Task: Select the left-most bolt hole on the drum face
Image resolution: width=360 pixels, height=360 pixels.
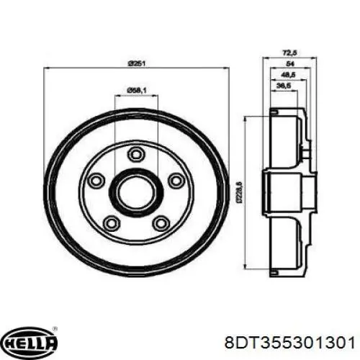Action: pyautogui.click(x=94, y=180)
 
